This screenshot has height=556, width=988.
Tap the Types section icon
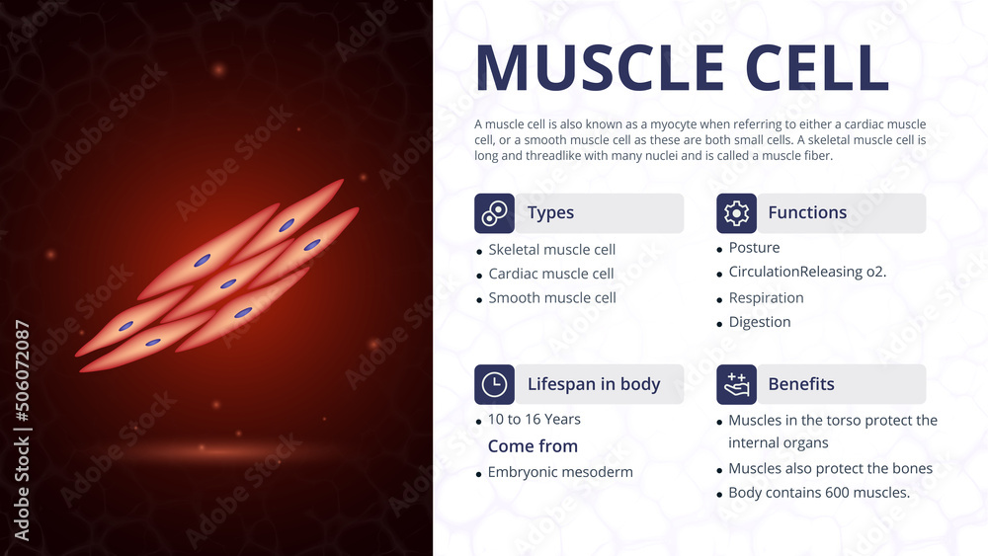(494, 213)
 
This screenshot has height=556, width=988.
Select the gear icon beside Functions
(736, 213)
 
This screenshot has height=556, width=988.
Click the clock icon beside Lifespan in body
(494, 384)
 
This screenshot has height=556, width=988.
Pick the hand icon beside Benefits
(736, 384)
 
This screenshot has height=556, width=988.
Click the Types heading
(550, 213)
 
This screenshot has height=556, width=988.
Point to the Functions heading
(807, 213)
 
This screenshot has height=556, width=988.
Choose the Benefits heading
(801, 384)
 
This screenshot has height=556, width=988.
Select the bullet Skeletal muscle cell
(551, 250)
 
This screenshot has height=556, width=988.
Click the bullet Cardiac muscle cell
(550, 274)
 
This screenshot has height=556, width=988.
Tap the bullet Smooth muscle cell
(551, 298)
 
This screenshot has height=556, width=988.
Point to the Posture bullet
(754, 248)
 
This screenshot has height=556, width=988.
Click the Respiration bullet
(766, 298)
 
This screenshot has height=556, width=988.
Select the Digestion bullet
(759, 322)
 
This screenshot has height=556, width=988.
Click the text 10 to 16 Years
(534, 420)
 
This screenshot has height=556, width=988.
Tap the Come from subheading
(533, 446)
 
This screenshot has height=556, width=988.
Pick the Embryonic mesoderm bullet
(559, 472)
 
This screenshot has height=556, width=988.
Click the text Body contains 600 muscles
(818, 493)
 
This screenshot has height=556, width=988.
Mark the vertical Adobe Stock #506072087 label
(23, 430)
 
